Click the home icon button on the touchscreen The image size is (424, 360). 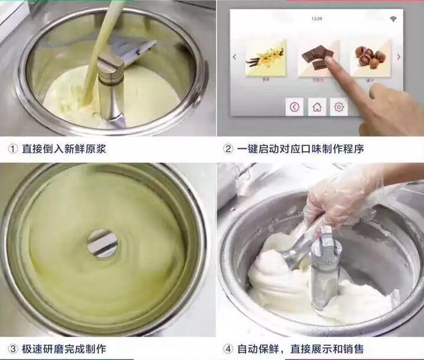point(317,107)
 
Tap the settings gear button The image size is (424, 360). point(338,107)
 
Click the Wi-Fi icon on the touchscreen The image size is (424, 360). point(393,20)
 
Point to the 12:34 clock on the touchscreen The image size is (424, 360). point(317,19)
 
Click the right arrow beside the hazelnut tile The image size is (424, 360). point(399,57)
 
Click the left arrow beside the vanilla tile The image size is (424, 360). point(234,57)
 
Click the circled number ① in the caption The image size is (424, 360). point(12,149)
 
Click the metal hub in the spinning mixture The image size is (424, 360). point(102,243)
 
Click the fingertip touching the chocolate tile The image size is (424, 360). point(329,61)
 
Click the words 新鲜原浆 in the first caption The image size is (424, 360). point(87,149)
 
